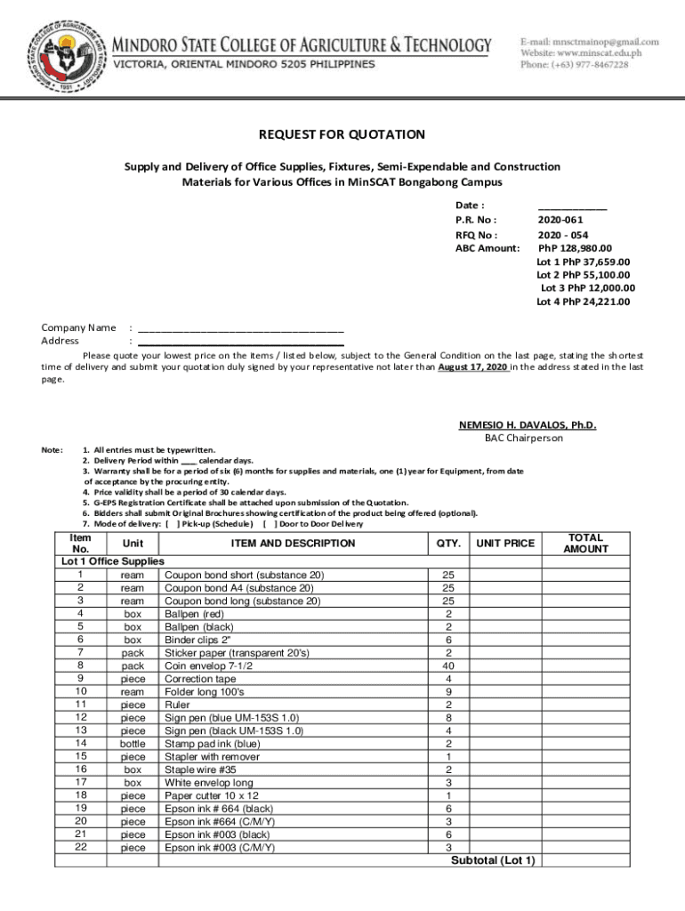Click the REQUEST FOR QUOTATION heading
click(342, 135)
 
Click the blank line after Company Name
click(240, 327)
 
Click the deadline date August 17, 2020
click(473, 367)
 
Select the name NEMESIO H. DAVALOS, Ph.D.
click(528, 425)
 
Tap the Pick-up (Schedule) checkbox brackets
click(173, 524)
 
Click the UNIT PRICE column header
click(505, 543)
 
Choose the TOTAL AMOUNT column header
click(585, 543)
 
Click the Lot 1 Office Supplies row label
click(112, 561)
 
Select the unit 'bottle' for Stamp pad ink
click(133, 743)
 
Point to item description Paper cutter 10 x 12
click(213, 795)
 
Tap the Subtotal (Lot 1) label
click(493, 860)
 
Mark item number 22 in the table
click(80, 848)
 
